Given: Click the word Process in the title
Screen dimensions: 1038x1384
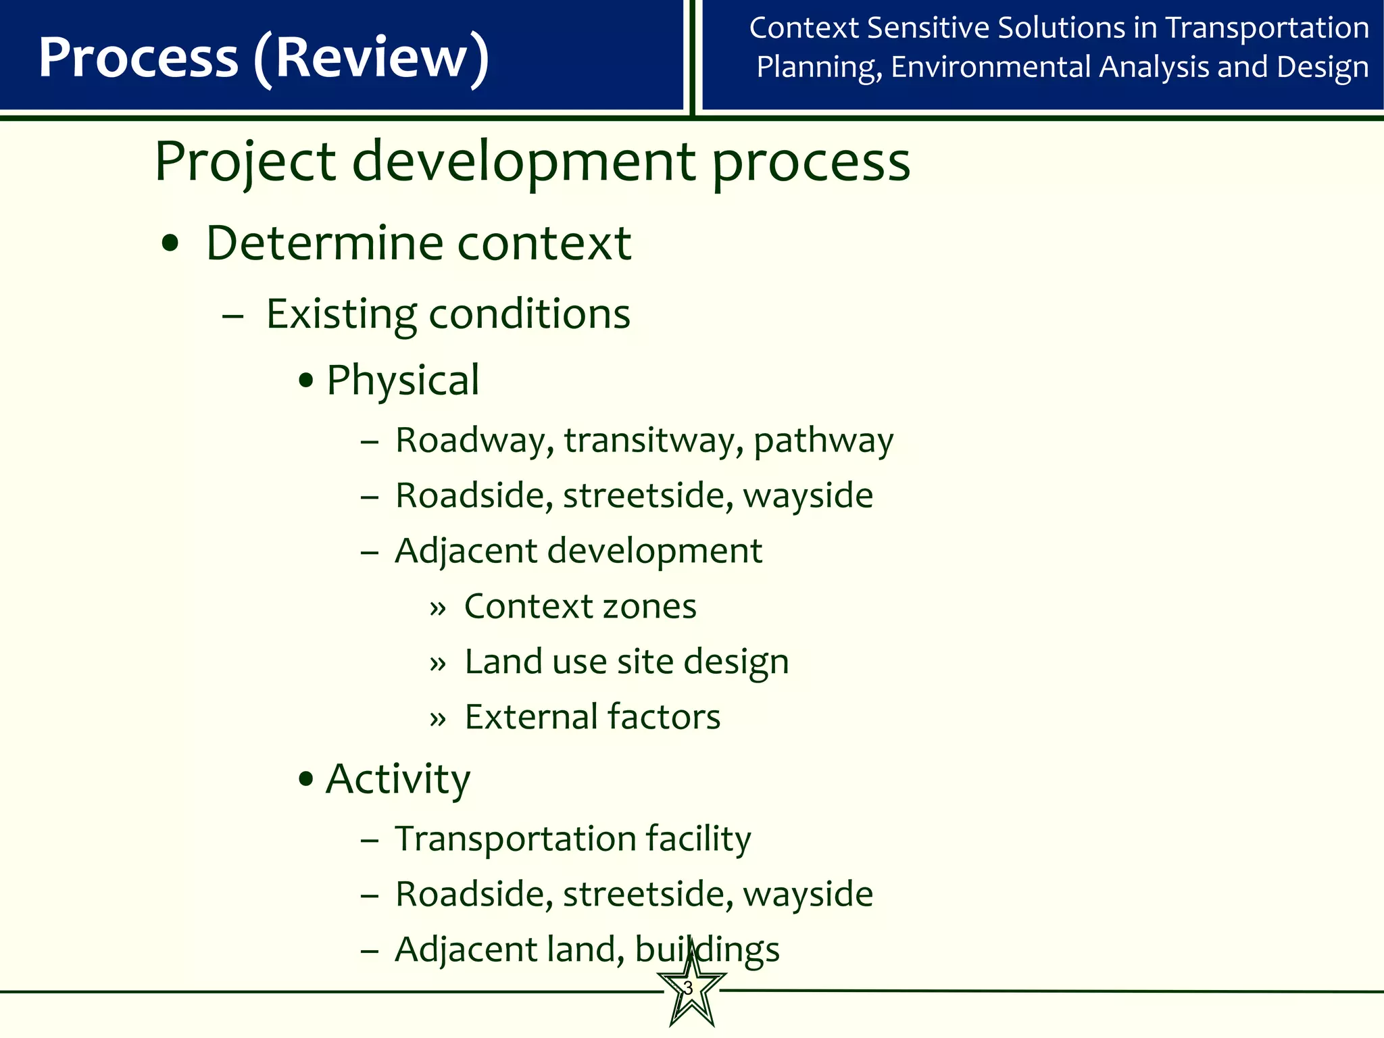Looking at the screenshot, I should pos(139,58).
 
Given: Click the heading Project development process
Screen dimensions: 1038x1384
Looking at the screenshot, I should pos(532,162).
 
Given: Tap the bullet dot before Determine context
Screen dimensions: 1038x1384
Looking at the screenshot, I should pos(170,245).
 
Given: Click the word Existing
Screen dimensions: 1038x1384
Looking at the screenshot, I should pos(341,315).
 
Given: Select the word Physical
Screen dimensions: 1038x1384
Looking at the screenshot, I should pos(403,380).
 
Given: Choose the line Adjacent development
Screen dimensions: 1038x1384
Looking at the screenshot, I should pos(578,551).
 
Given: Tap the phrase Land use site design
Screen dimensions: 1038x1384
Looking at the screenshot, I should pos(626,662).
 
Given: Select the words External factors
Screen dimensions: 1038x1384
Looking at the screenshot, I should pos(593,717).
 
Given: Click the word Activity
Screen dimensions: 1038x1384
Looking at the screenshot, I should pos(397,780).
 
